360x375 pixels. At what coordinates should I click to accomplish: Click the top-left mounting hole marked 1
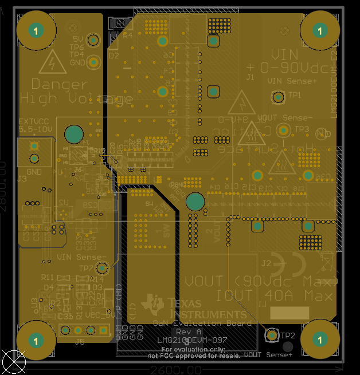click(36, 30)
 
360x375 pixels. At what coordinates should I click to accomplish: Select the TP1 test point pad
click(279, 97)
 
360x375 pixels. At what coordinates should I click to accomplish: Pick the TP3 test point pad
click(284, 131)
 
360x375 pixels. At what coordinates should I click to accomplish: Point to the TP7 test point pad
click(103, 267)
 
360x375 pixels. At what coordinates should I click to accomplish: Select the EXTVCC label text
click(35, 122)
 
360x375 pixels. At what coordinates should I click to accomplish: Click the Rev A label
click(189, 331)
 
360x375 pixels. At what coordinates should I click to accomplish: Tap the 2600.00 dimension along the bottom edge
click(175, 370)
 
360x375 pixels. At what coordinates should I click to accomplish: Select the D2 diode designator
click(114, 56)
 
